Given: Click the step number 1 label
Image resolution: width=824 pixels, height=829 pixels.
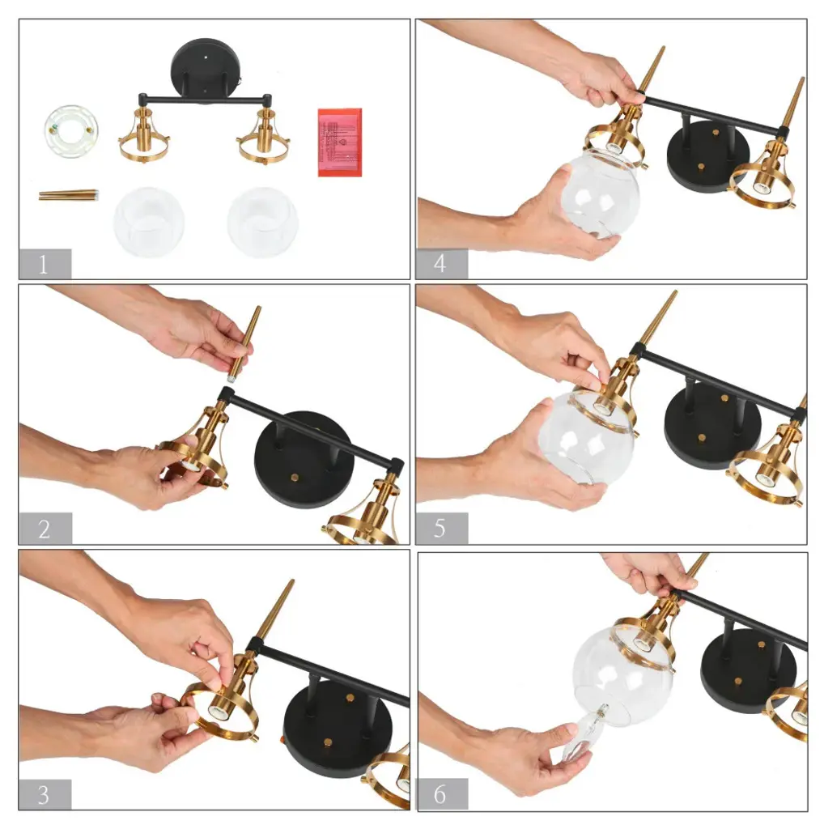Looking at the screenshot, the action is pyautogui.click(x=45, y=263).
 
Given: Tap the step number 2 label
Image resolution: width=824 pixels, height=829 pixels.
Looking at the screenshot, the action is pyautogui.click(x=45, y=528).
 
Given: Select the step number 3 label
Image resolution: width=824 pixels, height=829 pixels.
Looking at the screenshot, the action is pyautogui.click(x=45, y=794).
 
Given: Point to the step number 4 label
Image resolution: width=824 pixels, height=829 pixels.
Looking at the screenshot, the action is pyautogui.click(x=441, y=263).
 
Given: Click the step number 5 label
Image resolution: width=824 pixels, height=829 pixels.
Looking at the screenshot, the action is pyautogui.click(x=441, y=528).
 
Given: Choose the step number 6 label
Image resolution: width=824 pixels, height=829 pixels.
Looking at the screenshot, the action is pyautogui.click(x=443, y=794).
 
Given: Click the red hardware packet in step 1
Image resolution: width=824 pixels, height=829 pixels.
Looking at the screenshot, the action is pyautogui.click(x=340, y=142).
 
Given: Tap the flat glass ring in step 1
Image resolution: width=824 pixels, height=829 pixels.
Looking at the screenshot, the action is pyautogui.click(x=70, y=130).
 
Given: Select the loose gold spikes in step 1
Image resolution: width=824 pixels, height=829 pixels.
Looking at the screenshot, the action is pyautogui.click(x=69, y=195).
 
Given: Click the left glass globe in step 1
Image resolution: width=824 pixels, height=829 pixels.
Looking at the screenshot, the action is pyautogui.click(x=149, y=222).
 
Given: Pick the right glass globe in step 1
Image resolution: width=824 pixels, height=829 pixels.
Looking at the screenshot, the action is pyautogui.click(x=263, y=222).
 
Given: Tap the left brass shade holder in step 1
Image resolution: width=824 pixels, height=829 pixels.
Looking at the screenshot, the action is pyautogui.click(x=144, y=135).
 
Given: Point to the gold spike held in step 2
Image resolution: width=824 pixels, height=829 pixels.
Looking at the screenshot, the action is pyautogui.click(x=244, y=343).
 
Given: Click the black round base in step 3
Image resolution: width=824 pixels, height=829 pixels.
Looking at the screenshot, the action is pyautogui.click(x=339, y=728).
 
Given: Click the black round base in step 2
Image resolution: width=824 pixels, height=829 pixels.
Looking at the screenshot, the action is pyautogui.click(x=304, y=459).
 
